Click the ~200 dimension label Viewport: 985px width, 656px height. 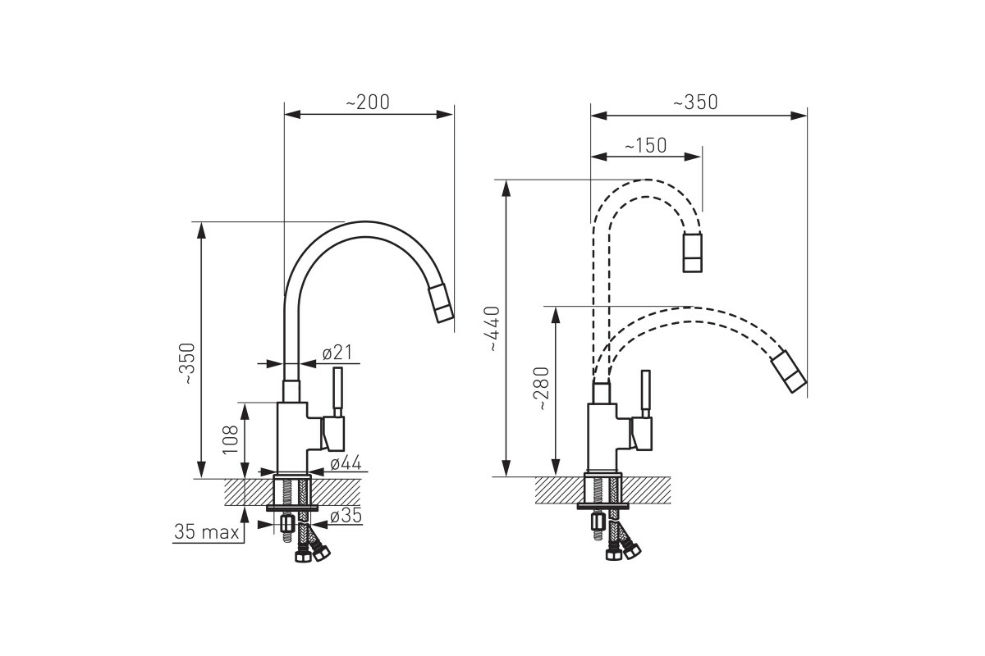[368, 102]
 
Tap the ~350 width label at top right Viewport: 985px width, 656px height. [696, 102]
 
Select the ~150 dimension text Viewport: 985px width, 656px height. [645, 145]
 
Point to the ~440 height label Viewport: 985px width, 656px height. [494, 328]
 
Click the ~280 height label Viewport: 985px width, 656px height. [543, 389]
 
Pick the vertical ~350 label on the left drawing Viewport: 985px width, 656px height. [188, 364]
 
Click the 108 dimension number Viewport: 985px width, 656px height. [231, 440]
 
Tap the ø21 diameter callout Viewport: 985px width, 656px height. [337, 353]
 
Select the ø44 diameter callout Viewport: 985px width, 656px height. [346, 462]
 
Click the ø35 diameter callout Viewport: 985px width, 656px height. [346, 516]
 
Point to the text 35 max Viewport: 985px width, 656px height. [207, 531]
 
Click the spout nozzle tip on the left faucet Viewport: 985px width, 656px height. [441, 303]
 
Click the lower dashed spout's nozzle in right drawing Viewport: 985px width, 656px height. [789, 371]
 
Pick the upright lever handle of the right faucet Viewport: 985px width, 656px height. [645, 394]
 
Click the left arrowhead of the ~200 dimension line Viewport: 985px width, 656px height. [292, 114]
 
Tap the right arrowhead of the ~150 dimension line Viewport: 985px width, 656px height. [693, 157]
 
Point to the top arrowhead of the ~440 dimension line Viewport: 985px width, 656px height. [506, 188]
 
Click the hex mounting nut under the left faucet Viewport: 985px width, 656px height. [287, 523]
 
